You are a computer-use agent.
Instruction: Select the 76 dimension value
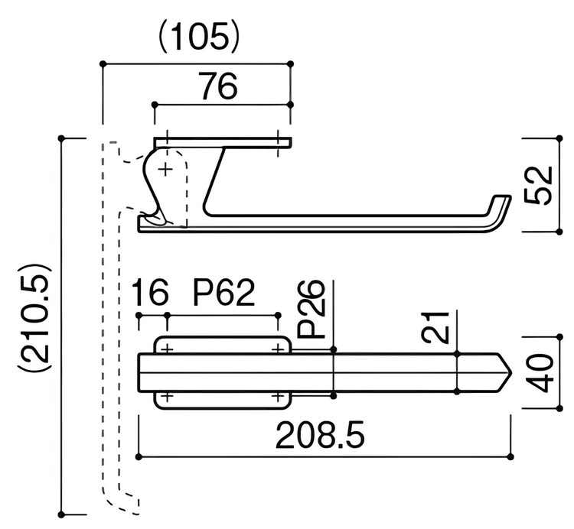pos(219,86)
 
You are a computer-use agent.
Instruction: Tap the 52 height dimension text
pos(538,185)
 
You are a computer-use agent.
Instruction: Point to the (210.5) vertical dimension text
pos(35,316)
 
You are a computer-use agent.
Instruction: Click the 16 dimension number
pos(151,292)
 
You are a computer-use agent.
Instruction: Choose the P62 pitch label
pos(223,292)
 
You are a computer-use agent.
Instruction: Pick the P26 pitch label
pos(311,310)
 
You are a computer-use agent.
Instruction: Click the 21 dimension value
pos(435,327)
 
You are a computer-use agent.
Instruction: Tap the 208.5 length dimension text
pos(320,436)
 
